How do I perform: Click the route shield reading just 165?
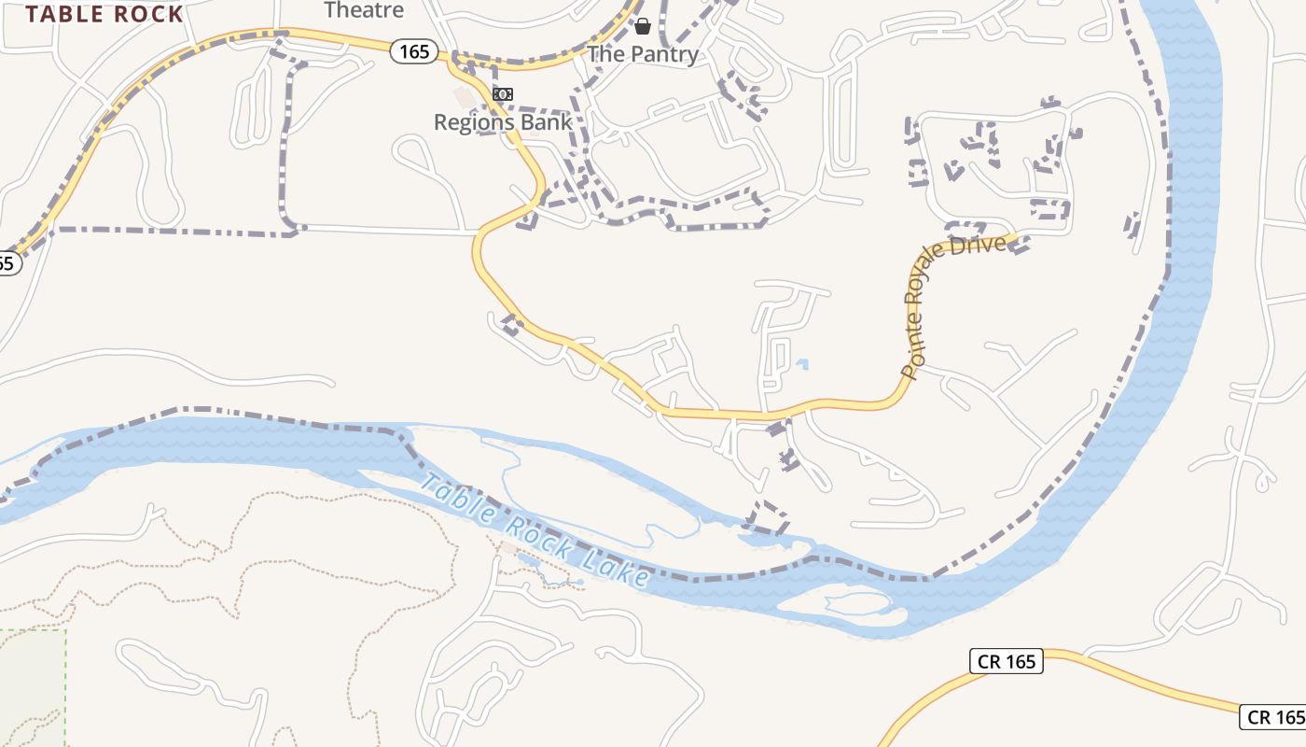tap(413, 51)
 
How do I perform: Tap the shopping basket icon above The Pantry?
tap(642, 26)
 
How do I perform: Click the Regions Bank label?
tap(503, 122)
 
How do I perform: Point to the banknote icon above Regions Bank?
tap(503, 94)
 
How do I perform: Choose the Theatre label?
tap(364, 10)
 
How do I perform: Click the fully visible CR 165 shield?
tap(1006, 661)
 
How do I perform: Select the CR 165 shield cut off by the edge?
tap(1273, 716)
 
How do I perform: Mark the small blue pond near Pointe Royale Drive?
tap(802, 364)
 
